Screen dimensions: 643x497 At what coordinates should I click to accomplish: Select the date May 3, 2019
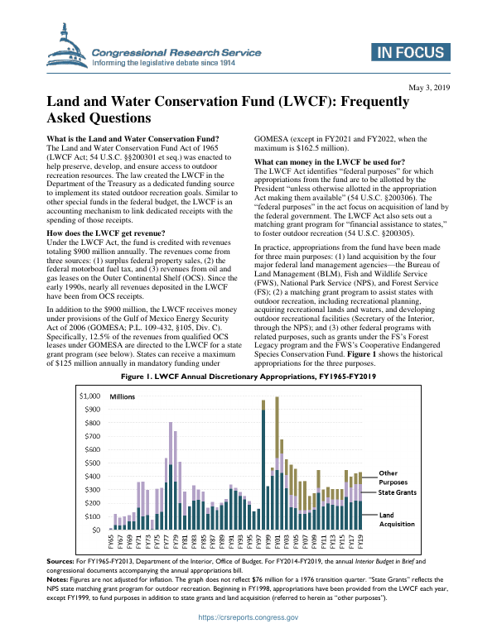pos(430,87)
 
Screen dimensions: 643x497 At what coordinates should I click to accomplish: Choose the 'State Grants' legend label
pos(398,492)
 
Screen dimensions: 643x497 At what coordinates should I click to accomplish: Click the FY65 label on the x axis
pos(111,540)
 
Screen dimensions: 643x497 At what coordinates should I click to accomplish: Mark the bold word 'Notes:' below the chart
pos(60,578)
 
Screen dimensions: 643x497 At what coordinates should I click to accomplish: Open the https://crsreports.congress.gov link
pos(248,618)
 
